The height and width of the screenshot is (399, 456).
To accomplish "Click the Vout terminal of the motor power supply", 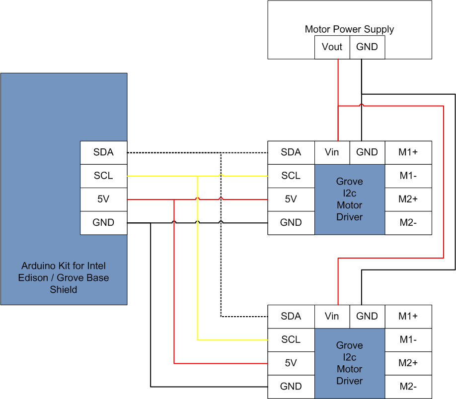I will (x=332, y=47).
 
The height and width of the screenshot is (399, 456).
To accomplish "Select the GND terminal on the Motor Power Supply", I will (x=367, y=47).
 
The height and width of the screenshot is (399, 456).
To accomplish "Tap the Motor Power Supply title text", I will (x=349, y=29).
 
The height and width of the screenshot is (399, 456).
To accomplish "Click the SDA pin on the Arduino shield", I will (x=103, y=152).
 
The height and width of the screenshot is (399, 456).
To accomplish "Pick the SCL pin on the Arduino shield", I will (x=103, y=176).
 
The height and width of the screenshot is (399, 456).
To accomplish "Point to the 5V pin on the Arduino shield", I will (x=103, y=199).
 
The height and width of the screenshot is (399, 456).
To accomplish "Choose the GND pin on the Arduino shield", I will (x=103, y=222).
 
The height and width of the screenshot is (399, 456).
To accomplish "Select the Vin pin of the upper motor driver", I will (x=332, y=152).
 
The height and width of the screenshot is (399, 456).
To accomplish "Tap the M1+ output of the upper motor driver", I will (x=408, y=152).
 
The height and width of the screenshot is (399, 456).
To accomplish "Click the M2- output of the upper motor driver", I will (x=408, y=222).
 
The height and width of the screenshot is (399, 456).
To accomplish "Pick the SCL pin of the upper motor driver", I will (x=291, y=176).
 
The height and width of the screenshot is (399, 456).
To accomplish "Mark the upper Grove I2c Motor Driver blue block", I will (x=350, y=199).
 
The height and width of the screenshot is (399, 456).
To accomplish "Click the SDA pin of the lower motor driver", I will (x=291, y=316).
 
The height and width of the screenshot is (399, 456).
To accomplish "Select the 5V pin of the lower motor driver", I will (x=291, y=363).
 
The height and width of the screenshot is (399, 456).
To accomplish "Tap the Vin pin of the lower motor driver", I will (x=332, y=316).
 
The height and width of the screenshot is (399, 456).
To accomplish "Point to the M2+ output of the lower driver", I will (x=408, y=363).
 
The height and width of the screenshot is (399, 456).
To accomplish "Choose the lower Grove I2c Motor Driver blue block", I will (x=350, y=363).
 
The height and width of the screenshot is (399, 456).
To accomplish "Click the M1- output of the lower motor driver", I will (x=408, y=339).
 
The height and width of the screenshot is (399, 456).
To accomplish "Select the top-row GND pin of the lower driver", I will (x=367, y=316).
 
